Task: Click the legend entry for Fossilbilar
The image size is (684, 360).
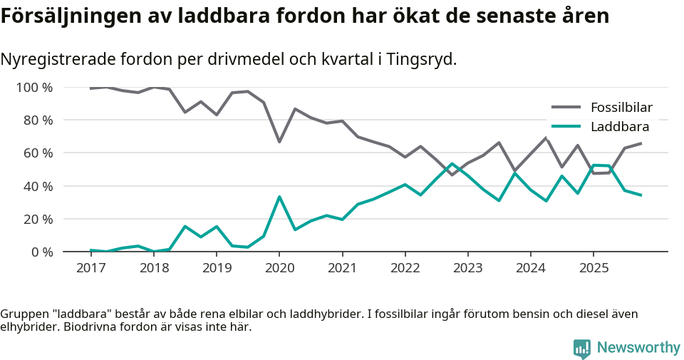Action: [621, 108]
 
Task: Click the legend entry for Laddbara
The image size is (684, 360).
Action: [619, 127]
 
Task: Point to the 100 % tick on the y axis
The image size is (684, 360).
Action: [35, 88]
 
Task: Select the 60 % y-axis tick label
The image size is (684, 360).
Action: [38, 153]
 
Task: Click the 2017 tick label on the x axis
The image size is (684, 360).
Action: [91, 268]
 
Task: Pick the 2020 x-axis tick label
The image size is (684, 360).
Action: [279, 268]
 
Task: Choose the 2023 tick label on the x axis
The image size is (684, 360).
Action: [467, 268]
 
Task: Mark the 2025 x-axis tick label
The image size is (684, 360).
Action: [593, 268]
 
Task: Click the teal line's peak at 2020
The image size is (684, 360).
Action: [279, 197]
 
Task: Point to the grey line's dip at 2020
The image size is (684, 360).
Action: [279, 142]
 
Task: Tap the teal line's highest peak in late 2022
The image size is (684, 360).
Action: [452, 164]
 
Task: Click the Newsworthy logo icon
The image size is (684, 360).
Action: [581, 348]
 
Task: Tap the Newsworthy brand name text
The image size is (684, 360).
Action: [638, 348]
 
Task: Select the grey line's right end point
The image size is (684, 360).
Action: [641, 143]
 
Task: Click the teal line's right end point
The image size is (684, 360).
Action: [641, 195]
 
